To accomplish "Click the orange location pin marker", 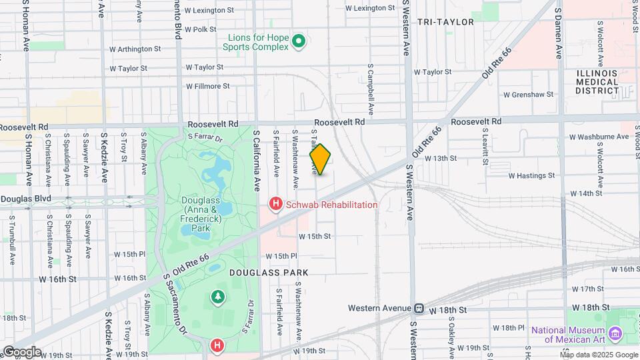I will [x=320, y=159].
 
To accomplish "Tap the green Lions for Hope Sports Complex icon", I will [x=299, y=42].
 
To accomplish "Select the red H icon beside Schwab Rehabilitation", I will [x=274, y=204].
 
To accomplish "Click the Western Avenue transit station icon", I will [x=419, y=308].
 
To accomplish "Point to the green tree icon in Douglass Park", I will [x=217, y=296].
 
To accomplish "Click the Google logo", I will [x=22, y=351].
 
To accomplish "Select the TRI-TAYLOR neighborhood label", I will [x=445, y=22].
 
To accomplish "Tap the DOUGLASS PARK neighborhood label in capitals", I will [x=269, y=273].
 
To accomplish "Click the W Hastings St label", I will [x=531, y=176].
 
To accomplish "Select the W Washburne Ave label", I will [x=599, y=137].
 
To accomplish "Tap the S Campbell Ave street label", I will [x=371, y=89].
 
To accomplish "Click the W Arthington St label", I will [x=135, y=49].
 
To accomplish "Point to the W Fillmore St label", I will [x=207, y=86].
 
